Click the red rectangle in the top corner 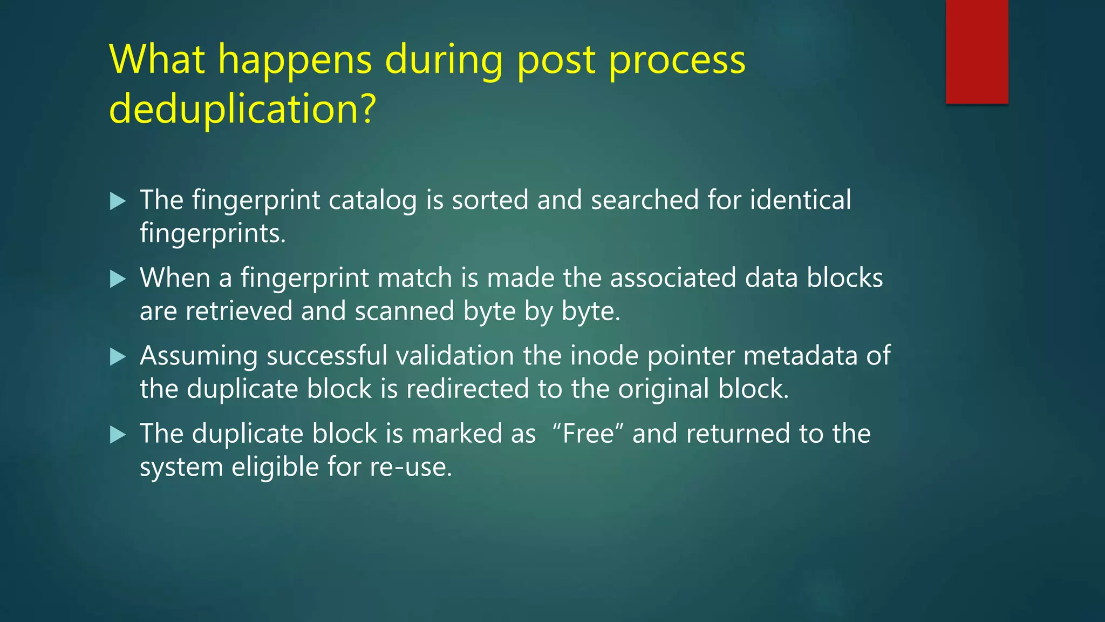[977, 52]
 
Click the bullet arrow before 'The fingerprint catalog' [118, 201]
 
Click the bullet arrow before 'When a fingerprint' [118, 279]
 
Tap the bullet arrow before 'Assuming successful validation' [118, 357]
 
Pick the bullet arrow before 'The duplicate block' [118, 435]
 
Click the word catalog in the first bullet [372, 201]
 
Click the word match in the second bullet [415, 278]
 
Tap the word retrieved [239, 312]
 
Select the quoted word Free [588, 434]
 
